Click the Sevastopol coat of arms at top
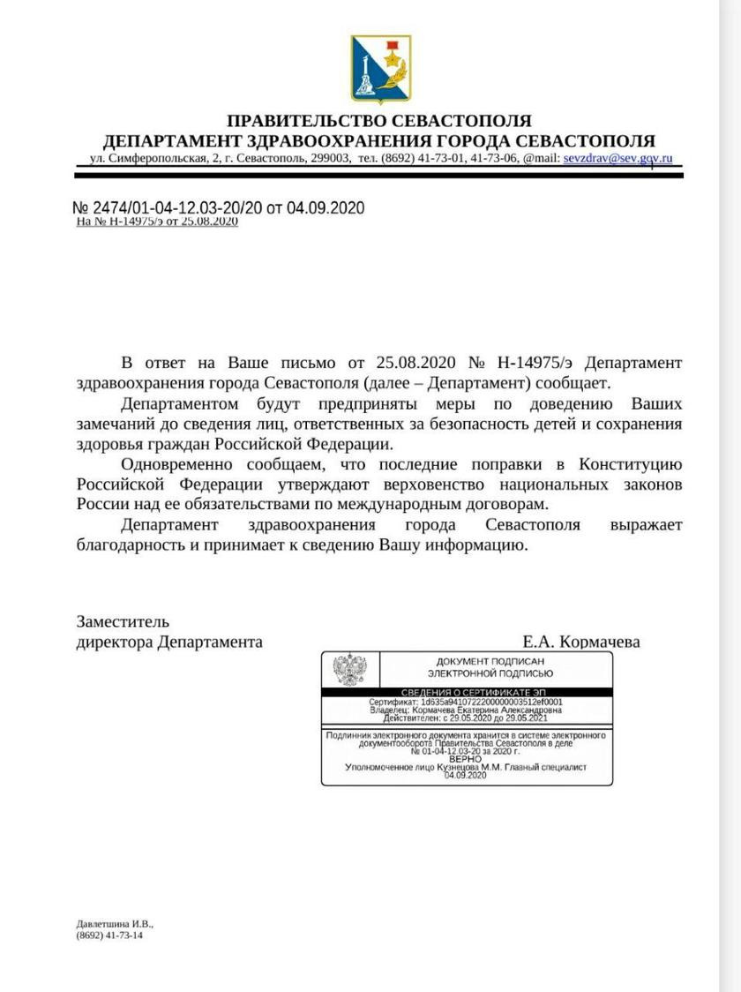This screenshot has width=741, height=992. [380, 68]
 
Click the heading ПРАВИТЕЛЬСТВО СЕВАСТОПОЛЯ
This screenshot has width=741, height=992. [379, 121]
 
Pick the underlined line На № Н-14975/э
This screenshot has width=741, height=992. [157, 222]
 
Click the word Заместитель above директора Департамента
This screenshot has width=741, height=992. [123, 621]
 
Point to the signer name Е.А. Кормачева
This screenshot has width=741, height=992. [580, 642]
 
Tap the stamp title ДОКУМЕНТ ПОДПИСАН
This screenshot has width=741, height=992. [490, 662]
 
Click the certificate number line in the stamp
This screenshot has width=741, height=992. [465, 703]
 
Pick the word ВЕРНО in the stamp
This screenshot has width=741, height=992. [465, 759]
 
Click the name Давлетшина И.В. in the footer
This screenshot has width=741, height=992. [115, 923]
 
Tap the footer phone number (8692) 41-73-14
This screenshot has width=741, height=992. [109, 935]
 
